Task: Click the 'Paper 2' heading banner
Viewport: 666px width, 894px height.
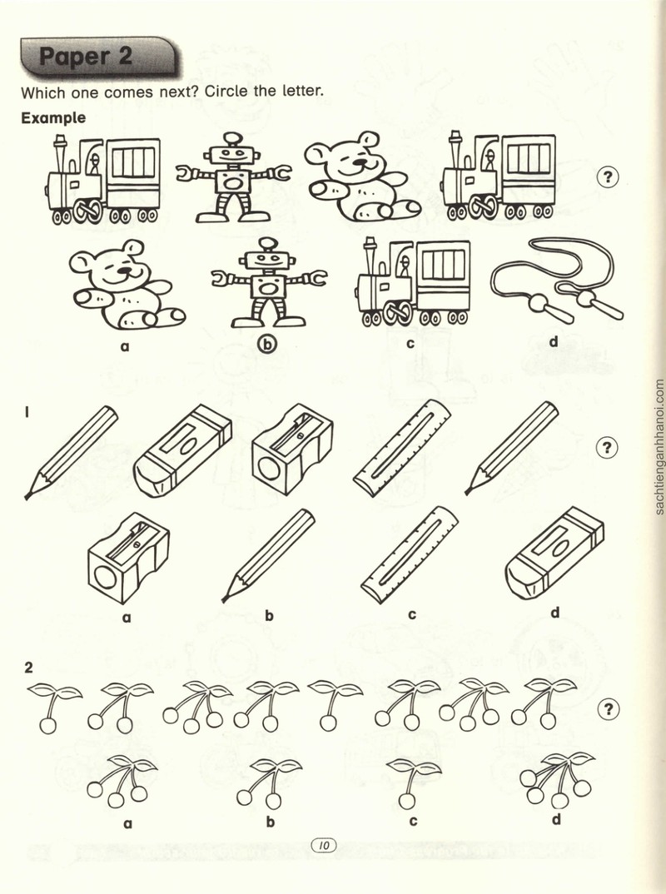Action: (x=99, y=57)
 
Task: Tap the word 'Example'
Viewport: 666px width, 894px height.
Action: (x=53, y=118)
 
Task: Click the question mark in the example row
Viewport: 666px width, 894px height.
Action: (x=608, y=177)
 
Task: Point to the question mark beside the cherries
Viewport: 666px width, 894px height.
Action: (x=609, y=709)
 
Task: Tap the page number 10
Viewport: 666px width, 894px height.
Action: (x=323, y=845)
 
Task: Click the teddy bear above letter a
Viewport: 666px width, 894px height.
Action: (x=127, y=285)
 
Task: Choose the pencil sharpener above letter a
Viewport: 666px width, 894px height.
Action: (x=129, y=557)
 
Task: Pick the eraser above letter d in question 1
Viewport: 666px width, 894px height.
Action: (x=554, y=553)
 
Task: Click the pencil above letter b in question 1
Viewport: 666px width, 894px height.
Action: (x=268, y=556)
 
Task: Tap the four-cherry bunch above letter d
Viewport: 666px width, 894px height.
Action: (x=557, y=779)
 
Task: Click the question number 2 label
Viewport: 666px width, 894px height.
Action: (x=28, y=668)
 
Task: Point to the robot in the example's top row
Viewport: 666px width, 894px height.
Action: (x=233, y=177)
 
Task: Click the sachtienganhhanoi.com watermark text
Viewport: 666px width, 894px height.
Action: (x=659, y=448)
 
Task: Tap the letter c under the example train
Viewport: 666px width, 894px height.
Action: (x=410, y=343)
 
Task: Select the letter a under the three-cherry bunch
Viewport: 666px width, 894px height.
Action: (x=127, y=823)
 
